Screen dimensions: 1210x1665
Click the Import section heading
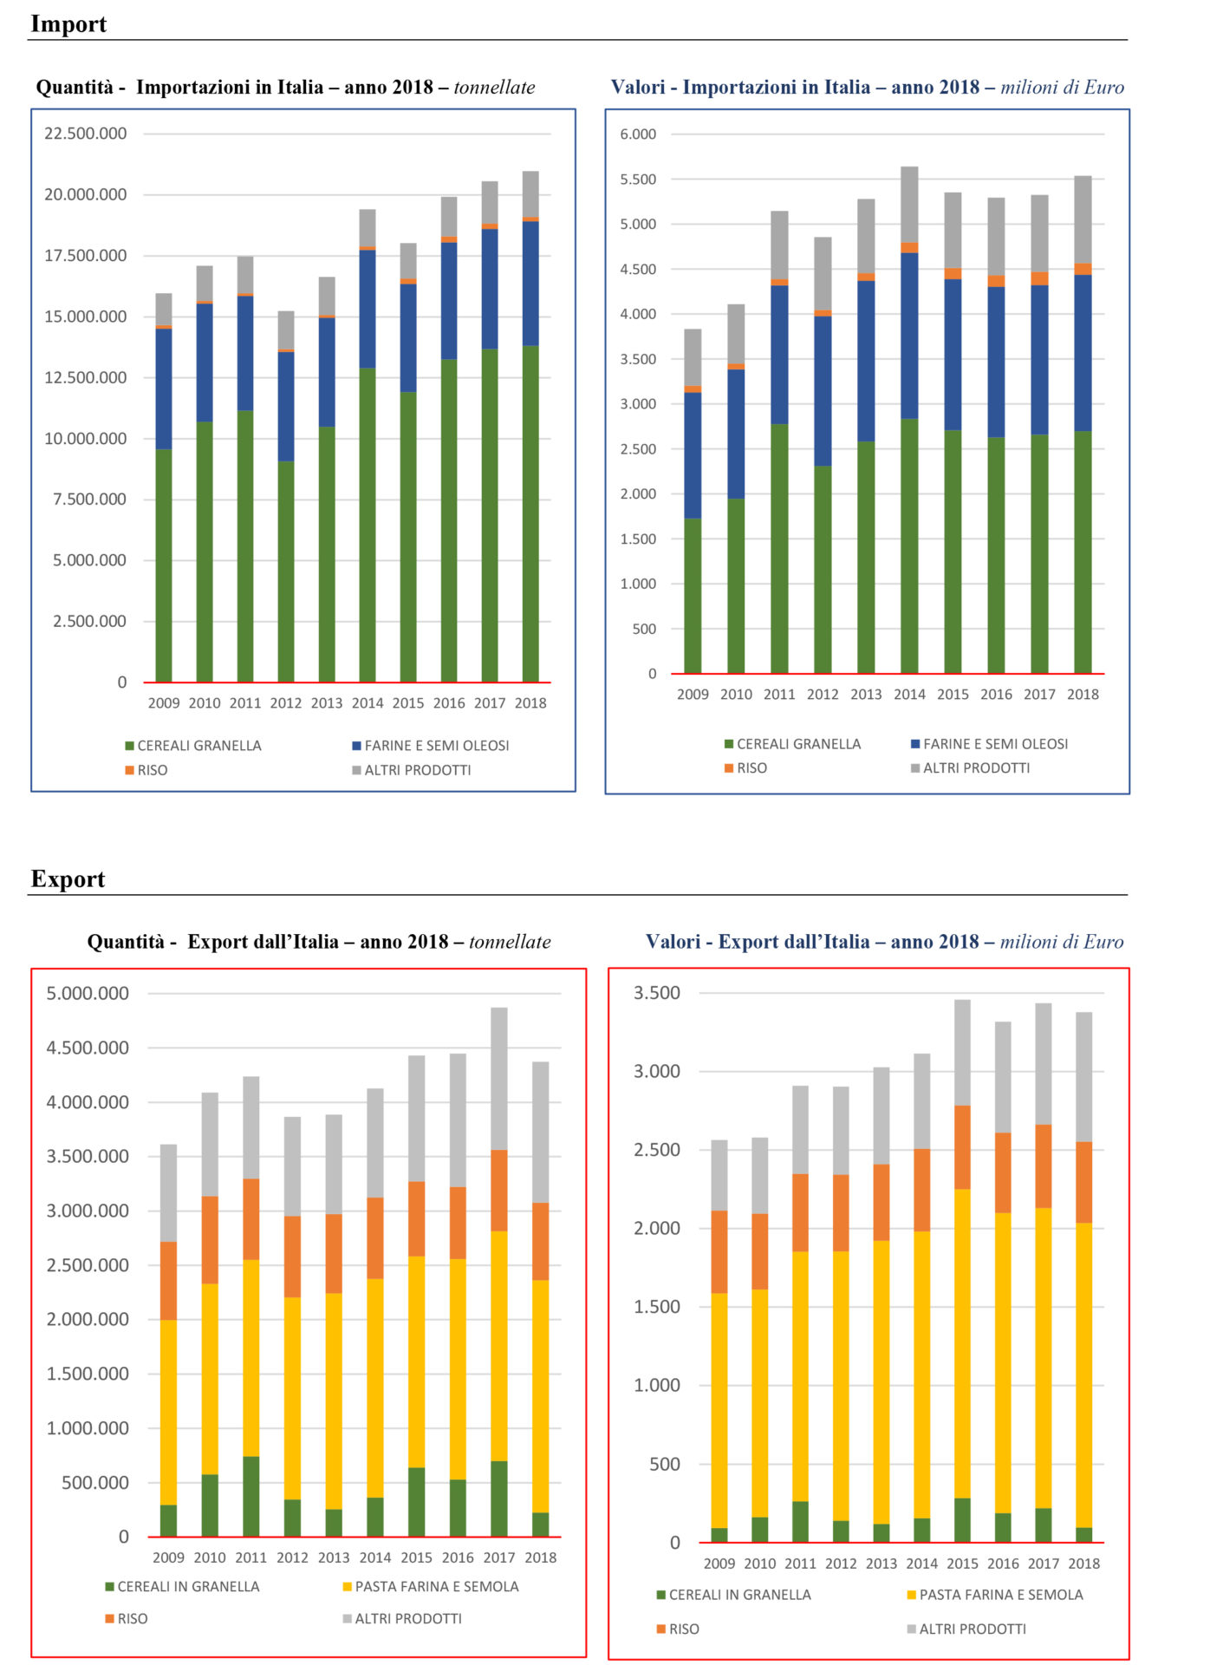click(68, 24)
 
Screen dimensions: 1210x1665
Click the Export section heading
click(68, 879)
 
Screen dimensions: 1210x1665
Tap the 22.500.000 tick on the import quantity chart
click(85, 134)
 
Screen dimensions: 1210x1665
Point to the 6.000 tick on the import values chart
click(638, 134)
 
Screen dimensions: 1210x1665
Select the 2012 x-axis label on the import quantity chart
click(286, 703)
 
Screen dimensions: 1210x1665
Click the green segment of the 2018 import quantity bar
click(530, 514)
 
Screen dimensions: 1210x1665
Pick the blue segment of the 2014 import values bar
click(909, 336)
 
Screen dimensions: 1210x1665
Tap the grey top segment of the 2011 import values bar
click(779, 245)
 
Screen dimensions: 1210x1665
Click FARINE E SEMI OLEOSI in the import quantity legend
click(437, 746)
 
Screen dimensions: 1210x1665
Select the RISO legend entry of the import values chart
click(751, 768)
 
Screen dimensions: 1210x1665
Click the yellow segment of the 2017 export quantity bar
click(499, 1346)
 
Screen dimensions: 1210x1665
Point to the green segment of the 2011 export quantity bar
click(251, 1497)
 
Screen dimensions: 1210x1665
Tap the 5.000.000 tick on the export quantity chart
click(88, 994)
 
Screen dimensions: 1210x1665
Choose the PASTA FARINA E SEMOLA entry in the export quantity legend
click(437, 1587)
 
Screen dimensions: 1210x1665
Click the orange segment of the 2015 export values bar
click(962, 1147)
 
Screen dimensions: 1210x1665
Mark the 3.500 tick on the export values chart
click(657, 993)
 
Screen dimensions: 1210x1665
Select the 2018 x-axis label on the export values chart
click(1083, 1564)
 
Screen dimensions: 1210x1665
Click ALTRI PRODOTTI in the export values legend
click(973, 1629)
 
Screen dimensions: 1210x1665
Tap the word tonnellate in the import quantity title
click(494, 88)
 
